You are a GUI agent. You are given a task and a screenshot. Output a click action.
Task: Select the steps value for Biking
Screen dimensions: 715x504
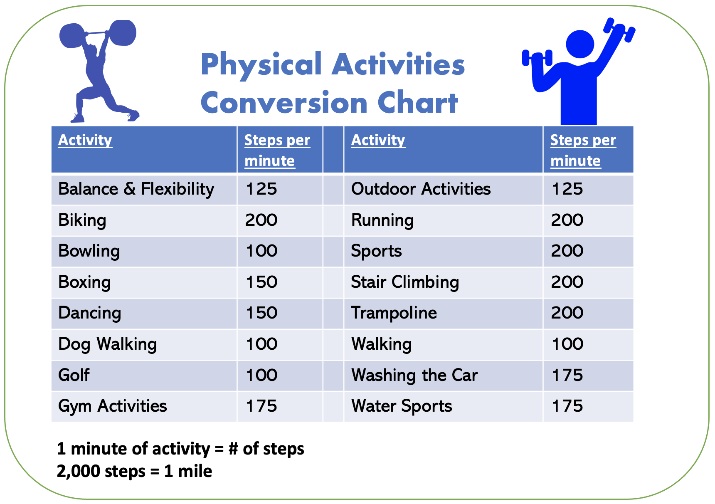(261, 220)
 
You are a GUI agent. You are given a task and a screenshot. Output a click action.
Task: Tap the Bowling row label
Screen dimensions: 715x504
(89, 251)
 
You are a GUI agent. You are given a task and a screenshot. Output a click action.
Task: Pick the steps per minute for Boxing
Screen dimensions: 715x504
(261, 282)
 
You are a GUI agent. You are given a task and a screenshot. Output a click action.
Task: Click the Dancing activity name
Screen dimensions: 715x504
(90, 313)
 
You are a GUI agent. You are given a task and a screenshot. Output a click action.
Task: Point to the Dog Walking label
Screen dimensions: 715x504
(108, 344)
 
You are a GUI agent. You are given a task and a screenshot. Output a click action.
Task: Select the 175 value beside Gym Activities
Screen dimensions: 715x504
(261, 406)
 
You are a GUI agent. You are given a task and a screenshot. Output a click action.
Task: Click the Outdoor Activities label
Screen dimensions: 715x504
(421, 189)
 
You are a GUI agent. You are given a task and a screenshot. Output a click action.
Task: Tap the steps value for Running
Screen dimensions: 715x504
(567, 220)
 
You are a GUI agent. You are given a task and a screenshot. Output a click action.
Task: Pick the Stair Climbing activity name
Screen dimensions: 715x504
(405, 282)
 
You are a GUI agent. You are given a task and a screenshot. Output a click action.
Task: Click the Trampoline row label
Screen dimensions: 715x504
(394, 313)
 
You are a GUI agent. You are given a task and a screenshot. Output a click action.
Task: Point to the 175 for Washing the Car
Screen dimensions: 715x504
(567, 375)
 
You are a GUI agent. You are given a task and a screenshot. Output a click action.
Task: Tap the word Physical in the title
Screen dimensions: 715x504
(261, 65)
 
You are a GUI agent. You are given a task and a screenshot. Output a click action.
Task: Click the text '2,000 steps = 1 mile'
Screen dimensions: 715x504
(134, 471)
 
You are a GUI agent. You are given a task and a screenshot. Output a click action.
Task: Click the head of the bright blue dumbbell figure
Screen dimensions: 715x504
(580, 44)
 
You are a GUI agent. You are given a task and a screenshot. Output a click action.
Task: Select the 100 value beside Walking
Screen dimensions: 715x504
(567, 344)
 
